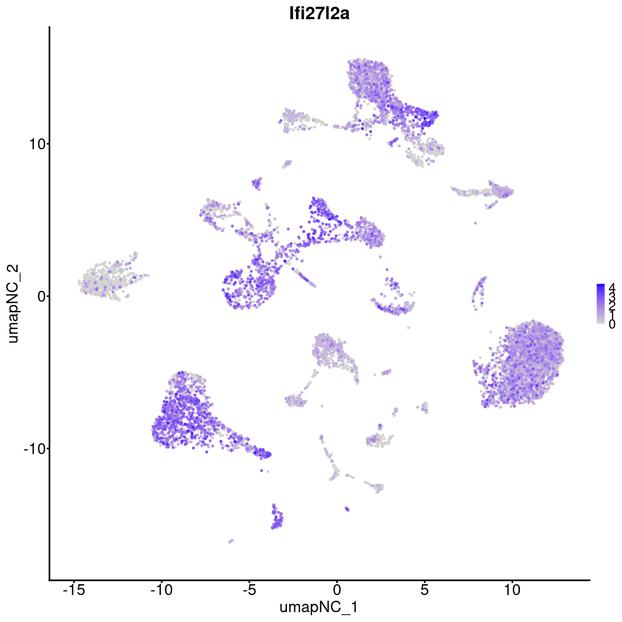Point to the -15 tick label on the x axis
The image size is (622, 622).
74,590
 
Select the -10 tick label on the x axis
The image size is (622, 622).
161,590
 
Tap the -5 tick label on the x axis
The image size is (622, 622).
249,590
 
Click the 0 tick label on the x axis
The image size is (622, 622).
337,590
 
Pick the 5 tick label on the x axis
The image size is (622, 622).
425,590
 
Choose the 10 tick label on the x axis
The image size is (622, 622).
512,590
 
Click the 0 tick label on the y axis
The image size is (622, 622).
39,296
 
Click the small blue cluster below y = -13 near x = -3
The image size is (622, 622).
277,519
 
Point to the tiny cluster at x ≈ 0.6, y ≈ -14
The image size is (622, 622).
347,509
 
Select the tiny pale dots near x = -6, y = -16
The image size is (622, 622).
231,541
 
